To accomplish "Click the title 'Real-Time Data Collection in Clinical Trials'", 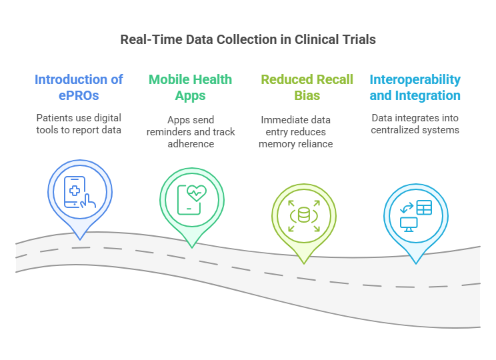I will point(248,39).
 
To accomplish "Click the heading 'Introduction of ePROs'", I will point(79,87).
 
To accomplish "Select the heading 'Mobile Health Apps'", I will point(190,87).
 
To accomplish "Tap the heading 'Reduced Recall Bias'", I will point(307,87).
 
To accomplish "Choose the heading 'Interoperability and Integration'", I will point(415,87).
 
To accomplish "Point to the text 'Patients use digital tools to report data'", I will point(79,123).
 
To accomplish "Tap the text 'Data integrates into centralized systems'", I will point(415,123).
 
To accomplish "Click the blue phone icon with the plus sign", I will point(75,191).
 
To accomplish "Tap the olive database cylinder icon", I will point(304,215).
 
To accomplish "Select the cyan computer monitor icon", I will point(409,223).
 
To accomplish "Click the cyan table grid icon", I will point(424,207).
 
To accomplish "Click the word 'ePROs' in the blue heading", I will point(79,95).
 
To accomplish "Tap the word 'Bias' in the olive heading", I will point(307,95).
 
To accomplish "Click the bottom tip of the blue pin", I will point(79,239).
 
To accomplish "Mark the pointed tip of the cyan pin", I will point(416,263).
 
